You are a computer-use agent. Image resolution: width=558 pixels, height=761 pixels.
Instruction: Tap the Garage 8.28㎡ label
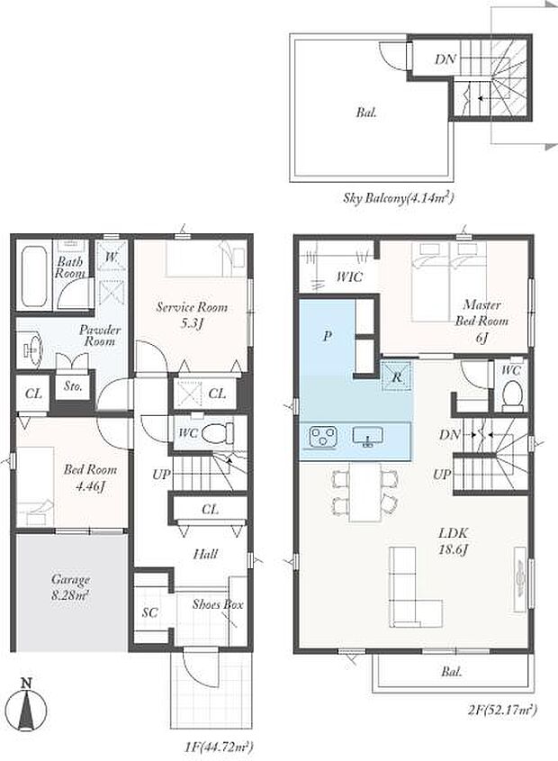(70, 587)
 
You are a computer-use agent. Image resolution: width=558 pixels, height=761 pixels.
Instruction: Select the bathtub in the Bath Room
(34, 276)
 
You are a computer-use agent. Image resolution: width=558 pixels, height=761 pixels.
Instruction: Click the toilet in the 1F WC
(216, 433)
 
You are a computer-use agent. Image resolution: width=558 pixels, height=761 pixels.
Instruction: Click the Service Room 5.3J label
(192, 314)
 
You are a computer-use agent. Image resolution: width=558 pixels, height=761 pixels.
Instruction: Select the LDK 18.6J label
(454, 541)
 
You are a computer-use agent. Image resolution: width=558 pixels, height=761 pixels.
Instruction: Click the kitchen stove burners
(321, 437)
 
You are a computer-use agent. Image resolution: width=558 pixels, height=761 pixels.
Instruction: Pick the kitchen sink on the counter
(368, 437)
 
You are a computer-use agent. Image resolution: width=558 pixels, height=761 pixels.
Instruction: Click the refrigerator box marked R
(396, 376)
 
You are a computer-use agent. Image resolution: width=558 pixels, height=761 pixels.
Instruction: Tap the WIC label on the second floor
(349, 276)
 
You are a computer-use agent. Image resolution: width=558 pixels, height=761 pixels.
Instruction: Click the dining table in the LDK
(365, 491)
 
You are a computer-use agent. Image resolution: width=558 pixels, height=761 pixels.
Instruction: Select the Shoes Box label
(218, 604)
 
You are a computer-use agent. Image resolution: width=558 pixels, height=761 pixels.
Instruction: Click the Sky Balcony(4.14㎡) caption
(399, 197)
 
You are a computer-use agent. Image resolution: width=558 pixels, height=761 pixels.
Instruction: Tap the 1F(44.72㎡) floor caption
(219, 746)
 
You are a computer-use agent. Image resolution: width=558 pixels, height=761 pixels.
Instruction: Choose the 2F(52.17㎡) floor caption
(502, 711)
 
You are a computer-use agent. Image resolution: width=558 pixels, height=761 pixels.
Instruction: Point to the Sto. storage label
(73, 386)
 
